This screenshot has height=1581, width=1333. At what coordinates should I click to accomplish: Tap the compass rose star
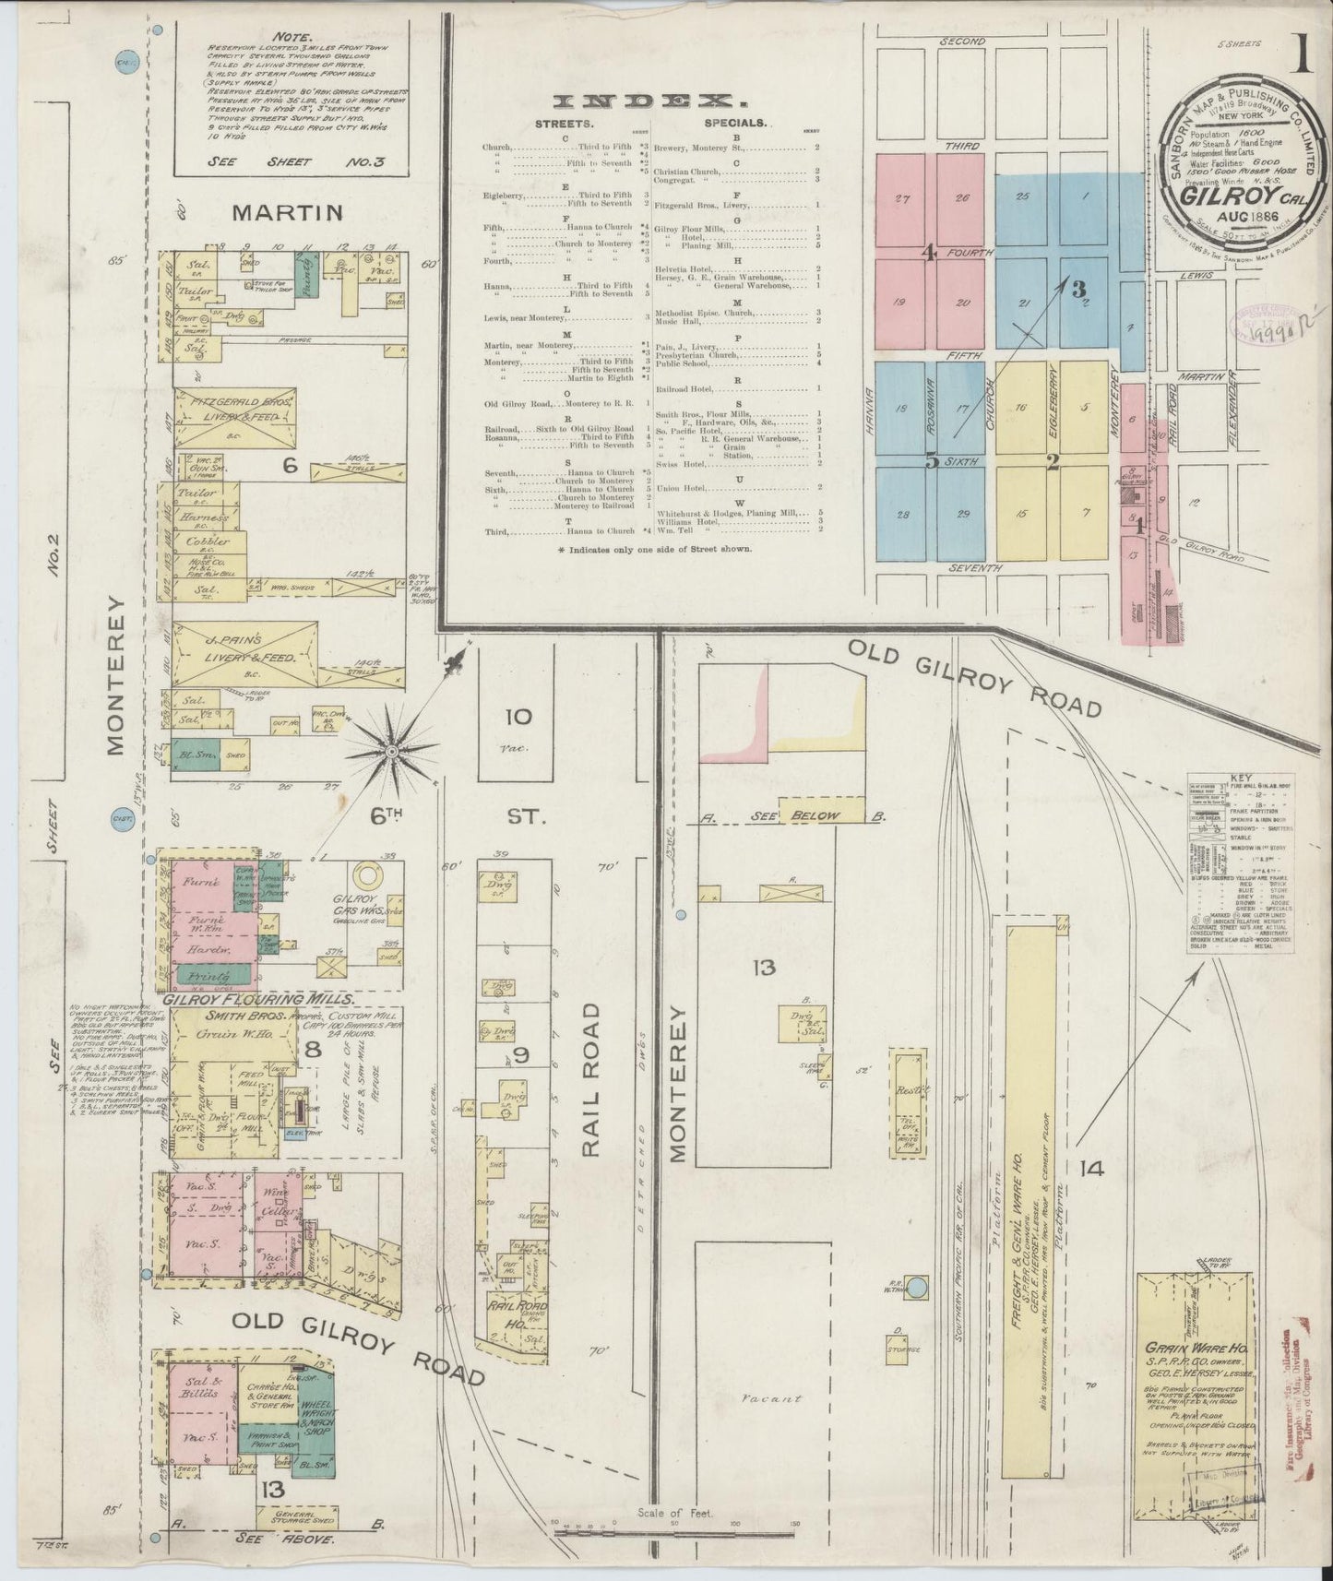coord(391,752)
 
